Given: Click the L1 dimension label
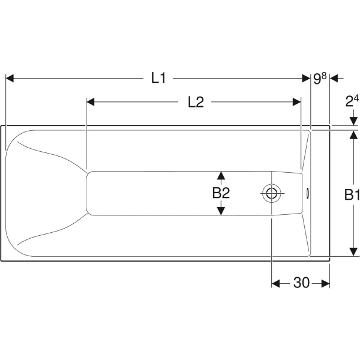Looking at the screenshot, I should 158,78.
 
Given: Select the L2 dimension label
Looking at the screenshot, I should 196,102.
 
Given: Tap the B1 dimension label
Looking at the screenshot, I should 352,194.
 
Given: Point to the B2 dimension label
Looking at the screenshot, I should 221,193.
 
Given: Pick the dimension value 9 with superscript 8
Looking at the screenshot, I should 320,78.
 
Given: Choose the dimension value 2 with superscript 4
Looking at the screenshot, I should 352,101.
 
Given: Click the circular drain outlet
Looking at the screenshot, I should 271,193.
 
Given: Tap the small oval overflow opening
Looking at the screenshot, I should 308,193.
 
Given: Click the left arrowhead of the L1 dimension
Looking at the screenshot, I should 10,78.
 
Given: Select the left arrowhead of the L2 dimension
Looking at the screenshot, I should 91,102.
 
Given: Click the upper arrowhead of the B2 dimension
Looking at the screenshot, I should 221,175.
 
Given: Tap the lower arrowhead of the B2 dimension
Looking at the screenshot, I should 221,211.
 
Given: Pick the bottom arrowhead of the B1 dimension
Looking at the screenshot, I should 352,252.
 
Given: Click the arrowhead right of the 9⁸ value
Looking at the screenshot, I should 335,78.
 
